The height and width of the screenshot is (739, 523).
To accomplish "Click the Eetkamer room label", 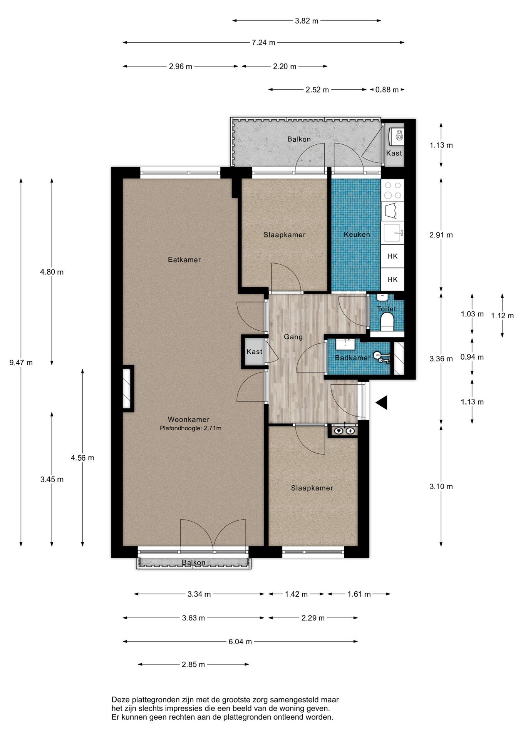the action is [184, 260].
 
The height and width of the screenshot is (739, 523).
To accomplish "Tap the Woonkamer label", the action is [188, 420].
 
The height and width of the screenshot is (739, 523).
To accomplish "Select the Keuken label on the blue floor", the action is [357, 234].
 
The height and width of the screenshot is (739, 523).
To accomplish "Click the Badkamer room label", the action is [352, 358].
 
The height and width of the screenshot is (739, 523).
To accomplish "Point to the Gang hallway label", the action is [293, 337].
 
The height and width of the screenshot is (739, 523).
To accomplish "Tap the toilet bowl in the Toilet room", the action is [386, 321].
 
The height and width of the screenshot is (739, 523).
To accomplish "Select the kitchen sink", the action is [393, 233].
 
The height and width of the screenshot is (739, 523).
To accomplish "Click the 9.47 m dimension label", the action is [21, 363].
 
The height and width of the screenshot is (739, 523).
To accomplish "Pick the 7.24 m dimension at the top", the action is [263, 43].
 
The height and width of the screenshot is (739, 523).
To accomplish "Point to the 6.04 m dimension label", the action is [240, 642].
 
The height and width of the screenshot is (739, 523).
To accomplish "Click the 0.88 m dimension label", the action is [387, 90].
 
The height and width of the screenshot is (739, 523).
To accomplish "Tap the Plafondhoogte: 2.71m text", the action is [191, 428].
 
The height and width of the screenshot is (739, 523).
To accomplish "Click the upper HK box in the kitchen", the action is [393, 256].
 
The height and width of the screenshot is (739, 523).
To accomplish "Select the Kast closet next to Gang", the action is [254, 351].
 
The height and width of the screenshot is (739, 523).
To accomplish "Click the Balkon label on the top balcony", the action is [299, 139].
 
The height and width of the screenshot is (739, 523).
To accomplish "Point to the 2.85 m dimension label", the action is [193, 665].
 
